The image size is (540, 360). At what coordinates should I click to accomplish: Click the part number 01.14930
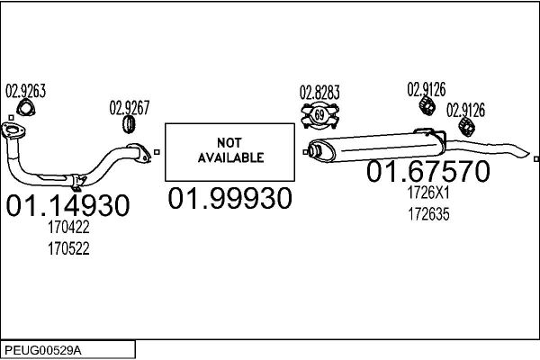click(67, 205)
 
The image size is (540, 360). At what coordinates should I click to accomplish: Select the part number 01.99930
click(230, 198)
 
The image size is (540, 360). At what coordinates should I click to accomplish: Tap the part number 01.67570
click(428, 171)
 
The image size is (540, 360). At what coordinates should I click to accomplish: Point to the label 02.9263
click(25, 91)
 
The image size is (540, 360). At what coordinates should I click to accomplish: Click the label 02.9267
click(130, 108)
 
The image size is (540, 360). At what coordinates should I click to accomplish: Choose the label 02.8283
click(319, 93)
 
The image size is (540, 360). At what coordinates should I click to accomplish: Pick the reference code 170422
click(68, 228)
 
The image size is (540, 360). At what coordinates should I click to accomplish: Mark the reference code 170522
click(68, 248)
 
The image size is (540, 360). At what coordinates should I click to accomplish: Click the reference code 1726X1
click(428, 193)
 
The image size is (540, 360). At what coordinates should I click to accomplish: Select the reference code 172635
click(428, 214)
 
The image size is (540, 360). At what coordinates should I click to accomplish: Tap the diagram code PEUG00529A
click(43, 351)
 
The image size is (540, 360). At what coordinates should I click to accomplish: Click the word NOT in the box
click(229, 142)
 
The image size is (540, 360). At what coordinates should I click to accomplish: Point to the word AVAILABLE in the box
click(230, 157)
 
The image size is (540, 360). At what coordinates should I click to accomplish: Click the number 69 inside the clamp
click(319, 114)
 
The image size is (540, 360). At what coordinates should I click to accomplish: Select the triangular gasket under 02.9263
click(26, 107)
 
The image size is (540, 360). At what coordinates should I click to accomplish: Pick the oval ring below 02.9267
click(129, 124)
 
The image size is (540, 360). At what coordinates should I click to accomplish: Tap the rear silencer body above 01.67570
click(375, 148)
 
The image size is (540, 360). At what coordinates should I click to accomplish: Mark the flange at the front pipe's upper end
click(13, 131)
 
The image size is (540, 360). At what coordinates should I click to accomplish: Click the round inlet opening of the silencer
click(316, 151)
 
